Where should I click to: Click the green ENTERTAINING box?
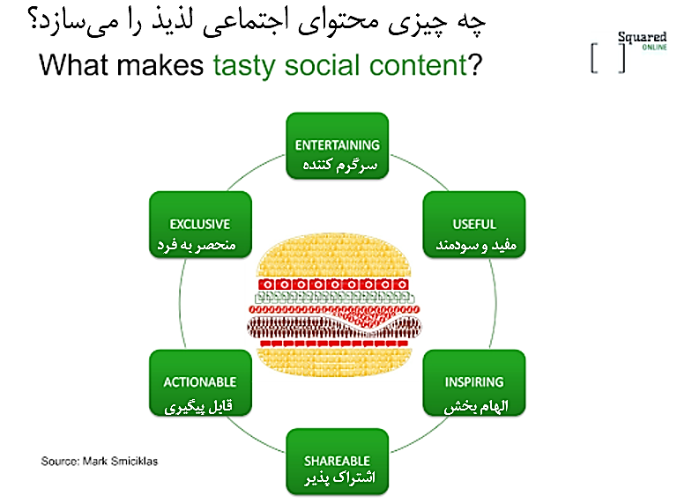tap(338, 146)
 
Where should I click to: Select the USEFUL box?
tap(474, 225)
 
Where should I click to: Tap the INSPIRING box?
tap(474, 383)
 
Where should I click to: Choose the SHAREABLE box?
tap(338, 462)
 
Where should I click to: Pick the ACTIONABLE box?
tap(200, 383)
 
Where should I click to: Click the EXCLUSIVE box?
tap(200, 225)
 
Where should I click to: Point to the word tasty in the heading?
tap(244, 66)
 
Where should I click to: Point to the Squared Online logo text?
tap(642, 41)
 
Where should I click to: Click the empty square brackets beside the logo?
tap(608, 58)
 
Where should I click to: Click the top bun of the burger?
tap(334, 255)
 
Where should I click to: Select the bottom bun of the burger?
tap(334, 361)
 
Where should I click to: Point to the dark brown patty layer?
tap(334, 328)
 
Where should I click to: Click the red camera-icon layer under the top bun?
tap(333, 285)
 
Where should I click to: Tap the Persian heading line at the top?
tap(257, 21)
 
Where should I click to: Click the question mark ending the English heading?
tap(475, 64)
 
